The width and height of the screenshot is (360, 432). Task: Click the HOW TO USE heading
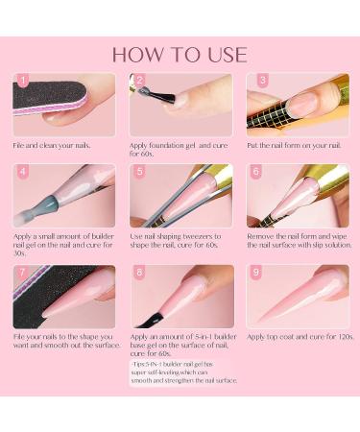tap(180, 54)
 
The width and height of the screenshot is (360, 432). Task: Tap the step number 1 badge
tap(22, 82)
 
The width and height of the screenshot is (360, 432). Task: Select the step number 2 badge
tap(139, 82)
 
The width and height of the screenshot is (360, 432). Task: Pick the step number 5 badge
tap(139, 172)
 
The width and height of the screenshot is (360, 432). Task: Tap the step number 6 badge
tap(255, 172)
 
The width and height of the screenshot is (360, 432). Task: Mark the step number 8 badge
tap(139, 274)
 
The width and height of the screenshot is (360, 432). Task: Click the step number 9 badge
tap(255, 274)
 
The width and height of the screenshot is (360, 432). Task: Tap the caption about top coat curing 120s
tap(298, 337)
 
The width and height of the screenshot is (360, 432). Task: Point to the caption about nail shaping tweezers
tap(179, 240)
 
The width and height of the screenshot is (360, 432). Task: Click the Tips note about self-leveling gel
tap(182, 372)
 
